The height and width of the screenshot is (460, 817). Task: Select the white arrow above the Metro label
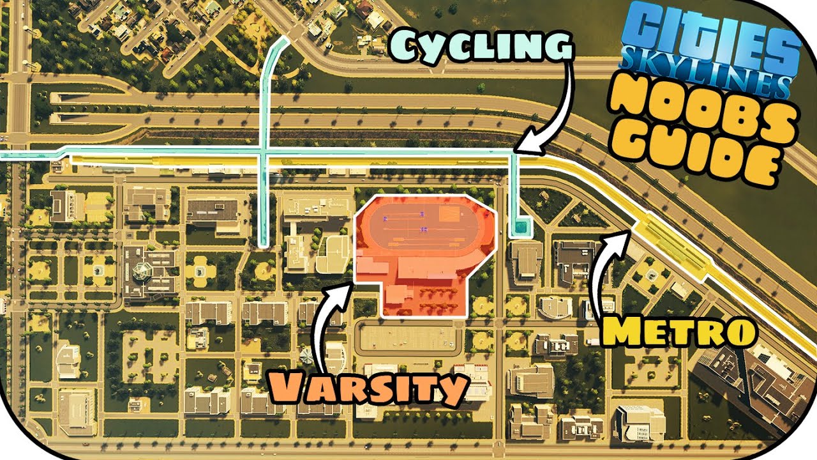point(606,262)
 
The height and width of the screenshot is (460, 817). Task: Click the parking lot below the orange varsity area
point(408,337)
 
